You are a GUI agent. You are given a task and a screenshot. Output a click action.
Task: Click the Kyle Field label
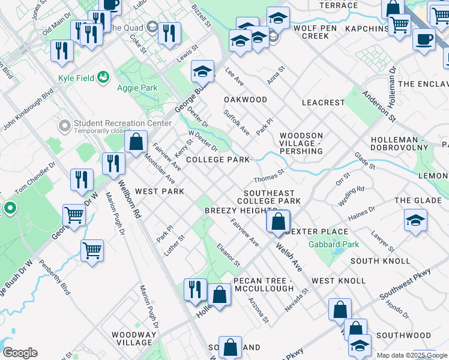[78, 78]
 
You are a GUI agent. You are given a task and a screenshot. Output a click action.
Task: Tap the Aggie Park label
[136, 88]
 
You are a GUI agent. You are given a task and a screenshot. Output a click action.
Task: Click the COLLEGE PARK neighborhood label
[217, 160]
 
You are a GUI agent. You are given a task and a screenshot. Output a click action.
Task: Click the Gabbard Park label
[333, 244]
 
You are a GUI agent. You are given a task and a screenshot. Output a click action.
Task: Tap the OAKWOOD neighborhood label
[246, 100]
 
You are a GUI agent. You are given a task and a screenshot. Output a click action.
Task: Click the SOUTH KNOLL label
[381, 261]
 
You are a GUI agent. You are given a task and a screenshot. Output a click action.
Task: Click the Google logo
[19, 353]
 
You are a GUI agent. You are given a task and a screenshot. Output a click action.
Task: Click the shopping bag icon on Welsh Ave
[278, 221]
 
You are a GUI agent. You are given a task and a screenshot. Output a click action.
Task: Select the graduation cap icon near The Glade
[415, 220]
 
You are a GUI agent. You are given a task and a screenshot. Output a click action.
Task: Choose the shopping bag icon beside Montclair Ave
[136, 142]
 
